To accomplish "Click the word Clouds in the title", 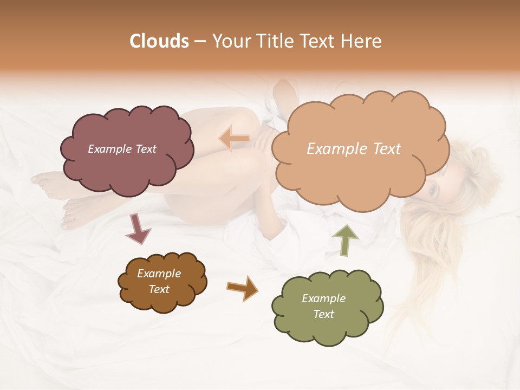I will click(159, 41).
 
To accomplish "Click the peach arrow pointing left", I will click(234, 139).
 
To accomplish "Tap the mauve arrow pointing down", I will click(138, 227).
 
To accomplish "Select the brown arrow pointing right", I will click(242, 288).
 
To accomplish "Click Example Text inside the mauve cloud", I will click(122, 149).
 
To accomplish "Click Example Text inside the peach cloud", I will click(354, 149).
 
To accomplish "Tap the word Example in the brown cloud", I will click(159, 274).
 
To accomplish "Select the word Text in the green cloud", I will click(323, 314).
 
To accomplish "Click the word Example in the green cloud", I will click(323, 298).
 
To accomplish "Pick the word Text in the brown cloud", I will click(159, 289).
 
